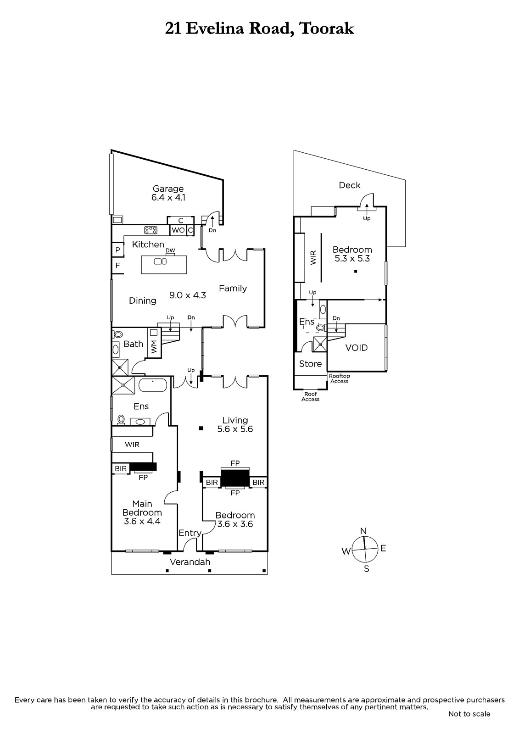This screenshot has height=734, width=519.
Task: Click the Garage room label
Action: tap(168, 189)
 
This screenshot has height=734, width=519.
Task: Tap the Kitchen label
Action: tap(148, 245)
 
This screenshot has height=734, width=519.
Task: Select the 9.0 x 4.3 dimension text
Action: tap(187, 295)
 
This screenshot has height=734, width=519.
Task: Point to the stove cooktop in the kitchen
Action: tap(151, 230)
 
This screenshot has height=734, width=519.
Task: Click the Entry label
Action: tap(190, 533)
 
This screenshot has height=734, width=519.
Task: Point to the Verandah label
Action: tap(190, 562)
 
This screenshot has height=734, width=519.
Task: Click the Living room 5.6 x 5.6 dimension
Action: tap(235, 429)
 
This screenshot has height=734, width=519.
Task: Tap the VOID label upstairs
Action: tap(357, 348)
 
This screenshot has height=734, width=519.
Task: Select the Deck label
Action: tap(350, 185)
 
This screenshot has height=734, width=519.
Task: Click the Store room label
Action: tap(310, 364)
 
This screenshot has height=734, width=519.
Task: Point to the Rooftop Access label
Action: tap(340, 379)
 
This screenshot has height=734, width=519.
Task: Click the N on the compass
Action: tap(363, 531)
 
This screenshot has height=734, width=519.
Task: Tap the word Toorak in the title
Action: tap(326, 29)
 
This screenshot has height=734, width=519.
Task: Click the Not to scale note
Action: tap(469, 714)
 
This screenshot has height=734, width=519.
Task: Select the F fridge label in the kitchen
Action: tap(117, 266)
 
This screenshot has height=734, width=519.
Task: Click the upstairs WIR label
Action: tap(313, 258)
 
